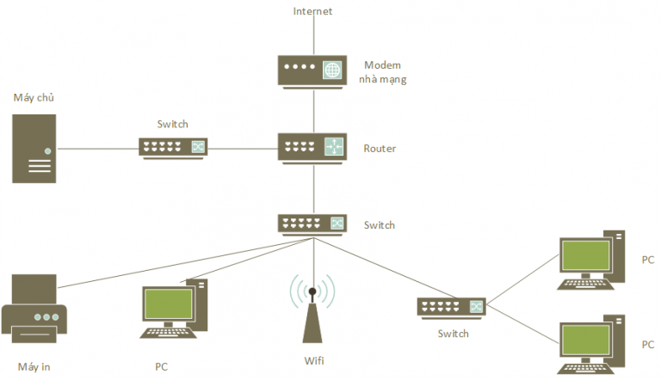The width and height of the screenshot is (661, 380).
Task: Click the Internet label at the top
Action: (312, 11)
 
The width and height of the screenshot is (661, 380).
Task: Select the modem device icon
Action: (312, 70)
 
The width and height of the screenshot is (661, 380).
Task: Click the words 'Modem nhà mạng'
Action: (383, 71)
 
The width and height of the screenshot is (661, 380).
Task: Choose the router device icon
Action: (312, 147)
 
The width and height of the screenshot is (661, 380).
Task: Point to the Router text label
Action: (380, 149)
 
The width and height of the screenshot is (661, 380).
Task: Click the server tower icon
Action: (34, 148)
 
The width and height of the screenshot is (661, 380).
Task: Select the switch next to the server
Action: (173, 147)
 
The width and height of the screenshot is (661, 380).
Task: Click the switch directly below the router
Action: (312, 224)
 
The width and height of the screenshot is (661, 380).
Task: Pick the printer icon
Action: (34, 310)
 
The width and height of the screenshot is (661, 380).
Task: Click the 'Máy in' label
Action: (34, 367)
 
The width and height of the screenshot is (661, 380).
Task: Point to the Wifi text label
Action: (313, 361)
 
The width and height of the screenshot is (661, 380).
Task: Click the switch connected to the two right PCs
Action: (451, 307)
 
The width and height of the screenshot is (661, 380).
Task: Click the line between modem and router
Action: (313, 110)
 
